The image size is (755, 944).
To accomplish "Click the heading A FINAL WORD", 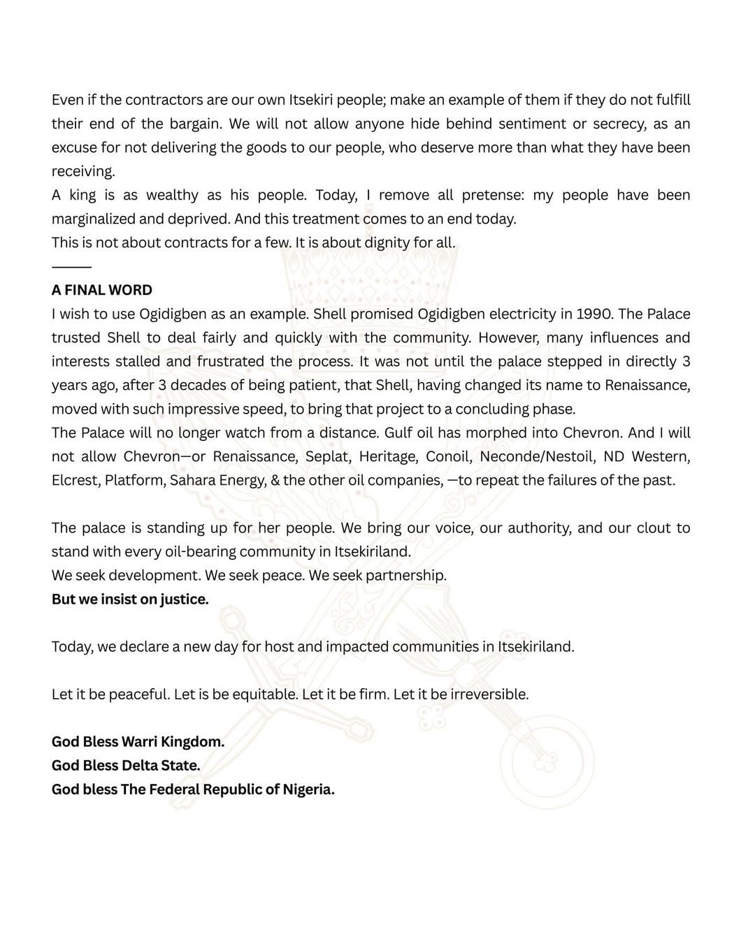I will tap(102, 290).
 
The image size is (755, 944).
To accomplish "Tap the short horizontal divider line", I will tap(71, 267).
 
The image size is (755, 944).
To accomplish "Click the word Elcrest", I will tap(74, 480).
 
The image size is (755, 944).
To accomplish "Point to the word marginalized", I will tap(94, 219).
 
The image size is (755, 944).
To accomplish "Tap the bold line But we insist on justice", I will tap(130, 599).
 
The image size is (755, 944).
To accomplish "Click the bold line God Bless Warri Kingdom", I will tap(138, 741).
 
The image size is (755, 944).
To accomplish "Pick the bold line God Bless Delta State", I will tap(126, 765).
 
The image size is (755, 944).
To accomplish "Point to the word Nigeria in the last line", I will tap(308, 789).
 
